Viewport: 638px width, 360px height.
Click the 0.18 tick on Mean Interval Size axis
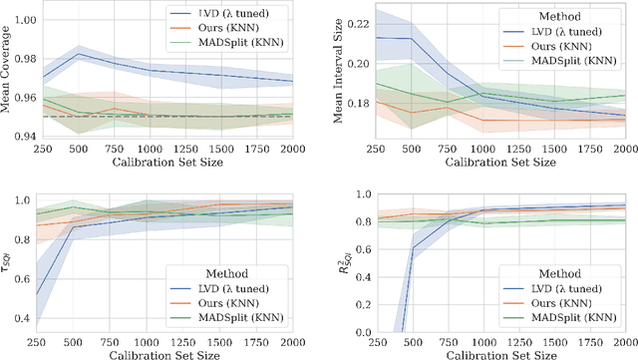[x=354, y=103]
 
